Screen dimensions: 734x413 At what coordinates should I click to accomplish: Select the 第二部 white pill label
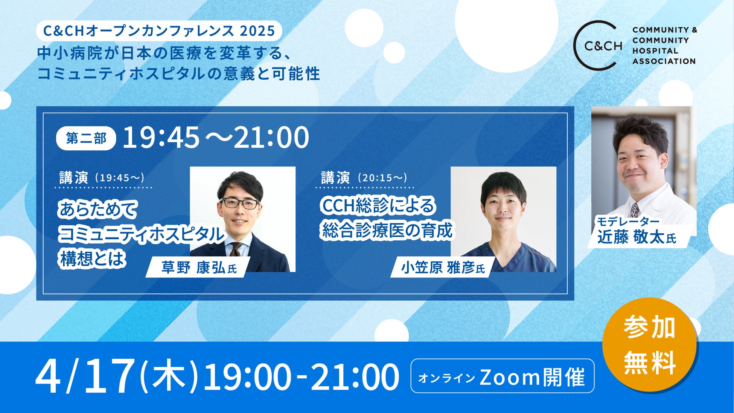(x=86, y=138)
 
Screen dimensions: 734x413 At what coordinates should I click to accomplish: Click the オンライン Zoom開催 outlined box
(x=502, y=376)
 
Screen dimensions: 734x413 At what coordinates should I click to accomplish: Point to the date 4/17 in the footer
(x=85, y=375)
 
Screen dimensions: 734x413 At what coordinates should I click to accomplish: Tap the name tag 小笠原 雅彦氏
(x=443, y=268)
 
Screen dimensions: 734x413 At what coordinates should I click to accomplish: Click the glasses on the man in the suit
(x=240, y=203)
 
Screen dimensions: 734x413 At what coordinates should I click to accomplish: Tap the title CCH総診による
(x=378, y=206)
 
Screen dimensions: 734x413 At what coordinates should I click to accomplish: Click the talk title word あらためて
(x=98, y=210)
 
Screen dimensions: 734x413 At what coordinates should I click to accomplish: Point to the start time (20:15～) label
(x=382, y=178)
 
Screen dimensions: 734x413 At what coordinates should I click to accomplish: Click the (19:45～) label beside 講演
(x=120, y=178)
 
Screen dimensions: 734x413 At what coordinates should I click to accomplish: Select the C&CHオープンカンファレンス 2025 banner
(x=159, y=31)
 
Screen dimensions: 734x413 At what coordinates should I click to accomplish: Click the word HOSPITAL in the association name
(x=655, y=50)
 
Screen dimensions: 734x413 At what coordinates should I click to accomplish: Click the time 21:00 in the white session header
(x=271, y=137)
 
